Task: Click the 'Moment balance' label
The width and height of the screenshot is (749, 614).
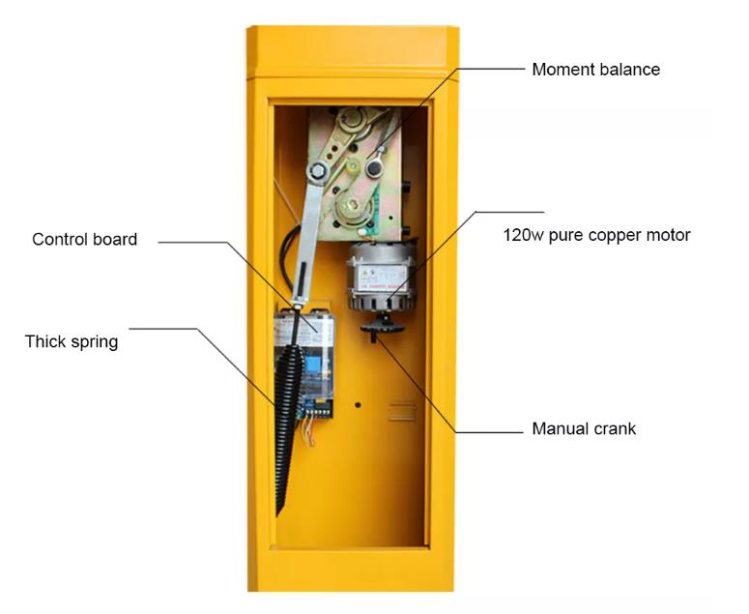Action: [595, 70]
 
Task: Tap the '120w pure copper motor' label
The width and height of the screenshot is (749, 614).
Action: [596, 235]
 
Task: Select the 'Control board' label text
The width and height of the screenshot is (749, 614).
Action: [85, 240]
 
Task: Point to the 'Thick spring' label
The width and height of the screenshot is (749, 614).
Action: [72, 341]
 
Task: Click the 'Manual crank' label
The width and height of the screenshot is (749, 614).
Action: [584, 428]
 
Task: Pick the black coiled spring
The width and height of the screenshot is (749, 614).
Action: [286, 406]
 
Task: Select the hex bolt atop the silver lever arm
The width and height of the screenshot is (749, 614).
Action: [316, 171]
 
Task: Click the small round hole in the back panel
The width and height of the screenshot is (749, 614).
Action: [358, 404]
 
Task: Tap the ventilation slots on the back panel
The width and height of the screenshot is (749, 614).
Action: [402, 410]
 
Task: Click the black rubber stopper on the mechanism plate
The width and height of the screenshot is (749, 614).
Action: [373, 169]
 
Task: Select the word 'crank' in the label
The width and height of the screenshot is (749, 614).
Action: [615, 428]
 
